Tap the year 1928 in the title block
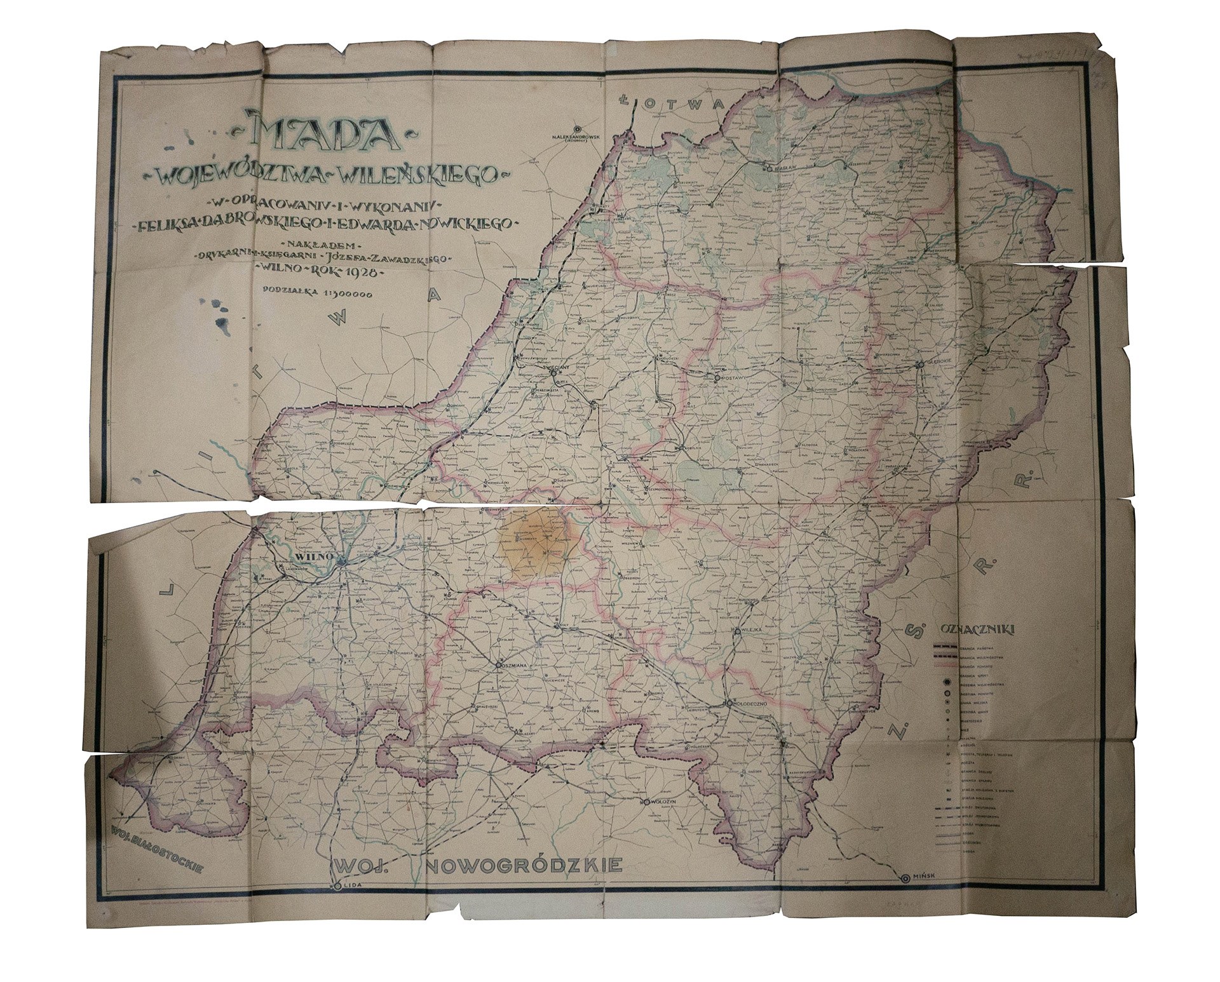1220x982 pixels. [x=358, y=271]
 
